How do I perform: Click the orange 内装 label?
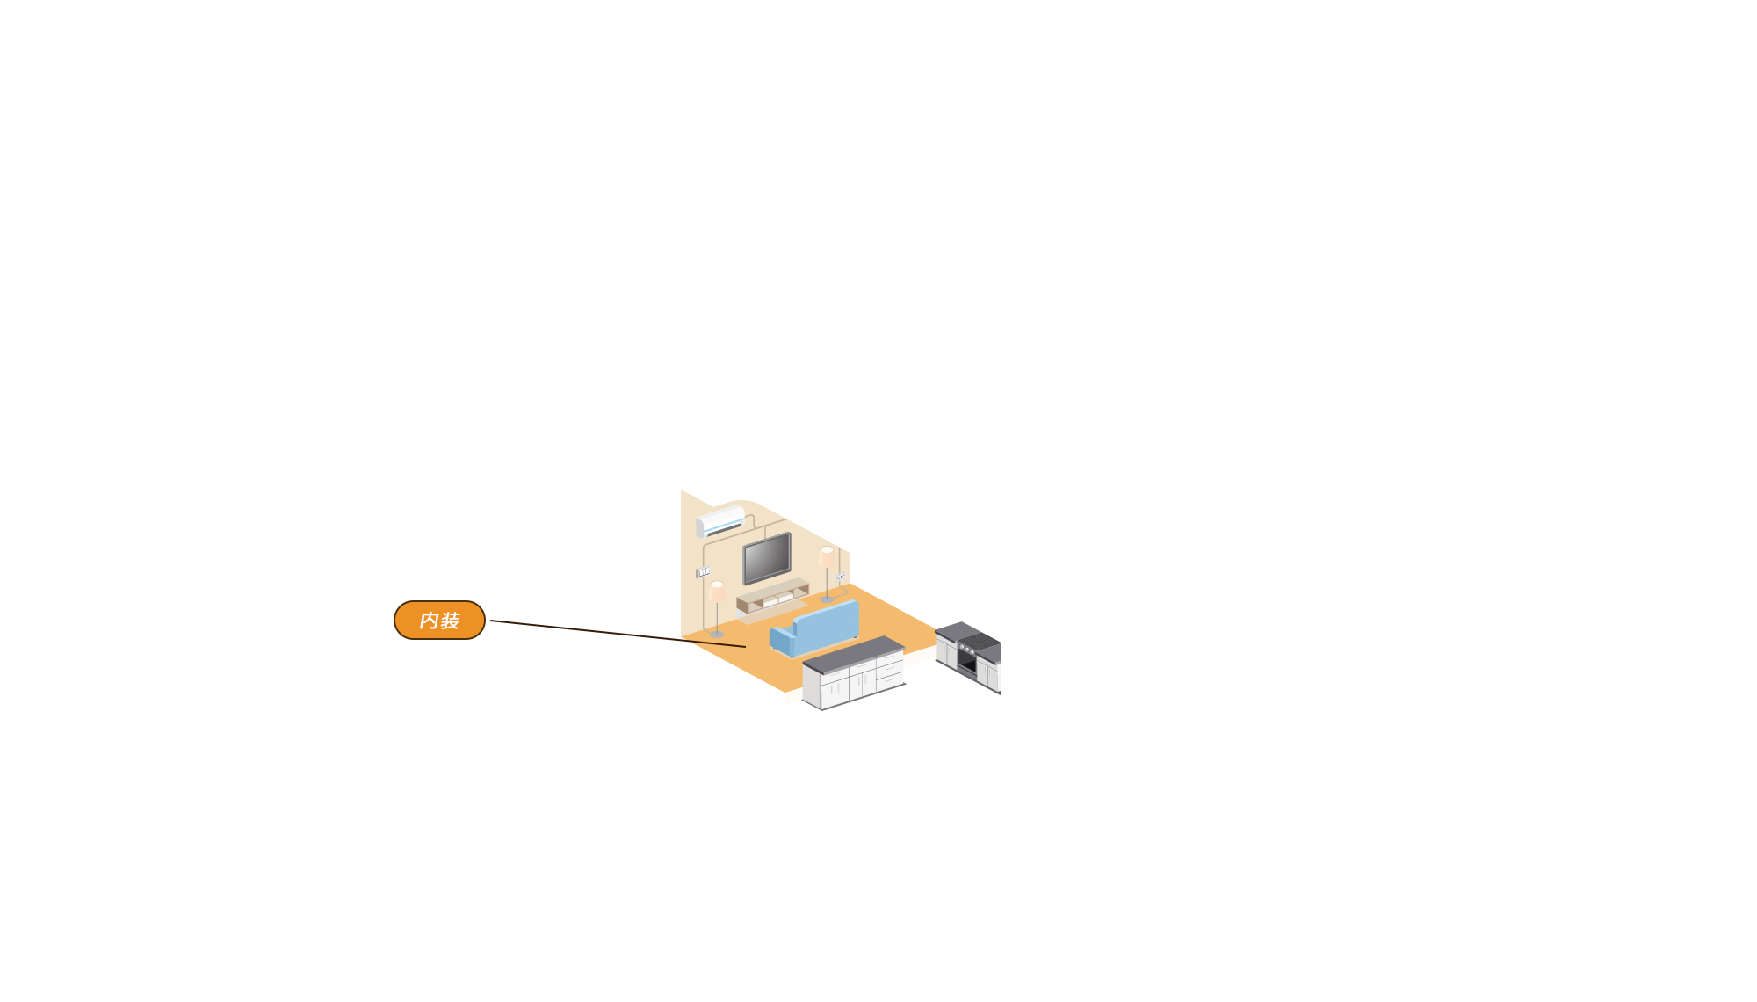click(439, 621)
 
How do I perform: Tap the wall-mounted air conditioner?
click(720, 521)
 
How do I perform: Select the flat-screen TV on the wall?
click(767, 558)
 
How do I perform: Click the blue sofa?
click(817, 628)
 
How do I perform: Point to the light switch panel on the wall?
click(703, 572)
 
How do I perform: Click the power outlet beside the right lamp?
click(840, 577)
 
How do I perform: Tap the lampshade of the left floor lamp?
click(717, 592)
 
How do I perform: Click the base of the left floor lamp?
click(717, 634)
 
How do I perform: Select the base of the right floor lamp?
click(827, 599)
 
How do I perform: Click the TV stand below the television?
click(772, 598)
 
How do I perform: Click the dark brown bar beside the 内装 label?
click(584, 634)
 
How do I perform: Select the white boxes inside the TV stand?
click(777, 600)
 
